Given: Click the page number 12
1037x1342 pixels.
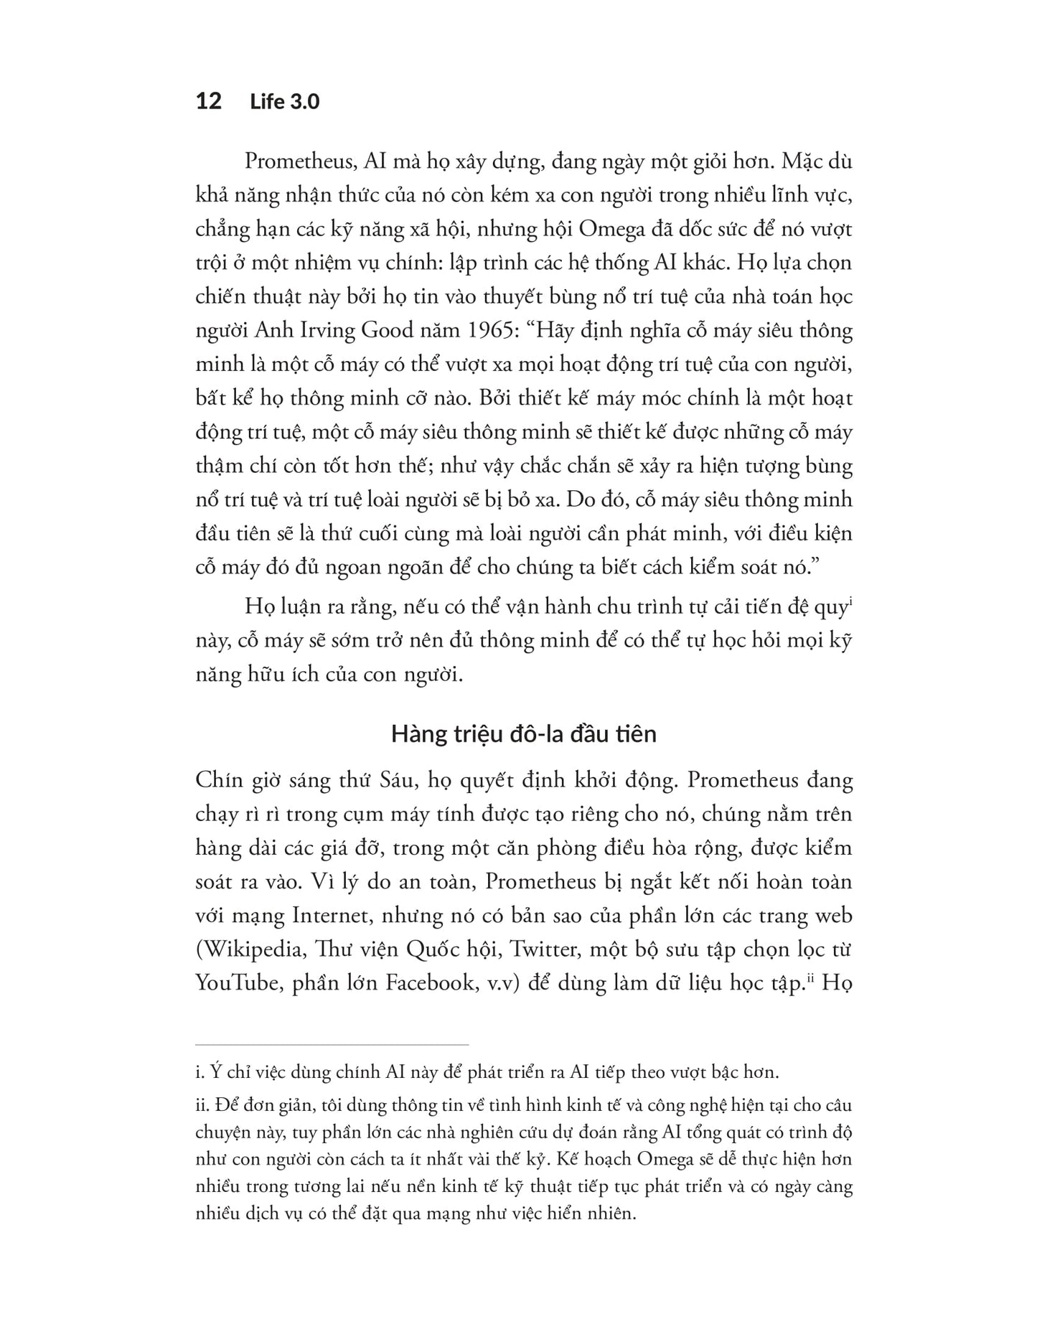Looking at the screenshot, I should [x=208, y=101].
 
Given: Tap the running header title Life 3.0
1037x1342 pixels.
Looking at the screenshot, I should [x=284, y=102].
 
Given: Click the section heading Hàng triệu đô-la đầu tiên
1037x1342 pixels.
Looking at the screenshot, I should [x=523, y=734].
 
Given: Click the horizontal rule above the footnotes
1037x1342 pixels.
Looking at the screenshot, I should [x=332, y=1044].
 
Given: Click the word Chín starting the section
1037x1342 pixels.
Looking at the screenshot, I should [x=223, y=780].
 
